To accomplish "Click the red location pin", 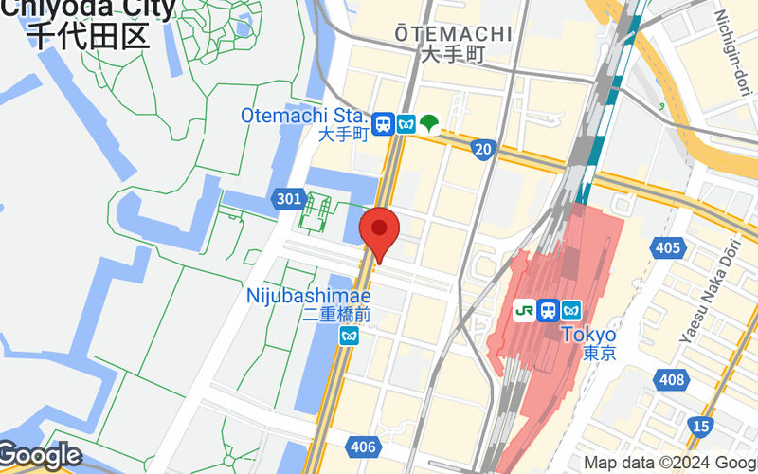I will click(x=380, y=230).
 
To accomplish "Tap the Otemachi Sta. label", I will click(x=304, y=115).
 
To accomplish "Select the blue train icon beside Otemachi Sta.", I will click(x=384, y=124).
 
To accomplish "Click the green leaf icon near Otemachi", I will click(x=429, y=123).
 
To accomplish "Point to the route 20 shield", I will click(x=483, y=148).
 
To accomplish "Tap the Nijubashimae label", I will click(x=308, y=295).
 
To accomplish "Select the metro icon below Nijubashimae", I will click(x=350, y=336).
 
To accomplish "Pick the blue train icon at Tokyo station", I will click(x=548, y=310).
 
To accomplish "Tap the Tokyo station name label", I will click(x=588, y=335).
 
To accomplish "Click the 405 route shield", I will click(x=668, y=247).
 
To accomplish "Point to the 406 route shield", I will click(x=363, y=447).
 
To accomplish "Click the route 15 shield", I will click(x=700, y=427).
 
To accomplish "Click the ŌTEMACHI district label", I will click(x=453, y=34).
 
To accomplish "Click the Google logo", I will click(x=40, y=456).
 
